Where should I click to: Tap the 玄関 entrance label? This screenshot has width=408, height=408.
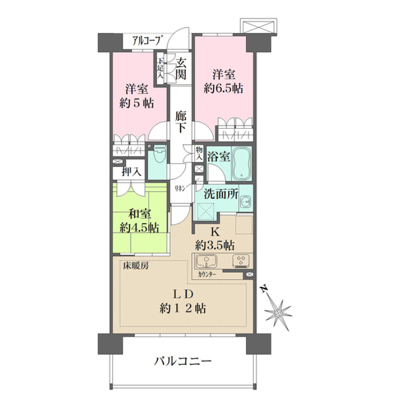point(181,69)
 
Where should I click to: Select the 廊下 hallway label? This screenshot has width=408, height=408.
point(181,121)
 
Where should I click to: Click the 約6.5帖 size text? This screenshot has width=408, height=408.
point(223,89)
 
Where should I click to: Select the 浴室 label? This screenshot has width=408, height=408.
point(218,157)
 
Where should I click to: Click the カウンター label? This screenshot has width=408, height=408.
point(207,274)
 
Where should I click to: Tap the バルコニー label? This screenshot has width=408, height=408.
point(183,362)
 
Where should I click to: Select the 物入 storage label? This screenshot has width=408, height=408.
point(198,152)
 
